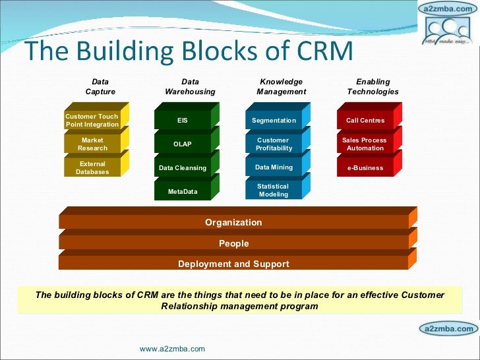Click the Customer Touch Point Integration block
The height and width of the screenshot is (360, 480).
click(92, 120)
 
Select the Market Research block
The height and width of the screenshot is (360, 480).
click(92, 144)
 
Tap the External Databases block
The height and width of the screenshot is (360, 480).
click(92, 167)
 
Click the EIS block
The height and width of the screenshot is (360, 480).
click(183, 121)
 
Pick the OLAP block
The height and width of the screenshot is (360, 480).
click(183, 144)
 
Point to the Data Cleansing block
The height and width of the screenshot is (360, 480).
click(183, 167)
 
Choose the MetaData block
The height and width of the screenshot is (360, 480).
click(183, 191)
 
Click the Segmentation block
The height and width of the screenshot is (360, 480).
click(274, 121)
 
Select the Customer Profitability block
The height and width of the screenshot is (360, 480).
click(274, 144)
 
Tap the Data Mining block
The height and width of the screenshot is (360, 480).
click(274, 167)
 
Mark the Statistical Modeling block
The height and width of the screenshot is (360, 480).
click(274, 191)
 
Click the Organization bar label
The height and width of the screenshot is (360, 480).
click(233, 222)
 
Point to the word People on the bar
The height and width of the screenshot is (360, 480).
click(233, 243)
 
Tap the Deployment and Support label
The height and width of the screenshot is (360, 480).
click(233, 264)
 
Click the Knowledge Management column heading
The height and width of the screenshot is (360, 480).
click(281, 86)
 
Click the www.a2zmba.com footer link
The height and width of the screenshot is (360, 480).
click(173, 348)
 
